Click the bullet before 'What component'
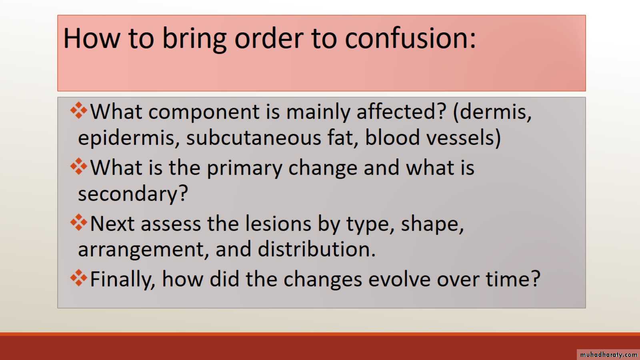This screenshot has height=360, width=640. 78,110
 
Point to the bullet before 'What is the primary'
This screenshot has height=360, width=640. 78,166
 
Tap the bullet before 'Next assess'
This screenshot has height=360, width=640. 78,222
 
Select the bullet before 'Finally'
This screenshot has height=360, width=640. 78,278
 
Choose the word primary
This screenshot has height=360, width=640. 244,168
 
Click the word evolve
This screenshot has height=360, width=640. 400,279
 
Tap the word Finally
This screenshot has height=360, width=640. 122,279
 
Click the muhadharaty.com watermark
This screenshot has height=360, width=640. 608,354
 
